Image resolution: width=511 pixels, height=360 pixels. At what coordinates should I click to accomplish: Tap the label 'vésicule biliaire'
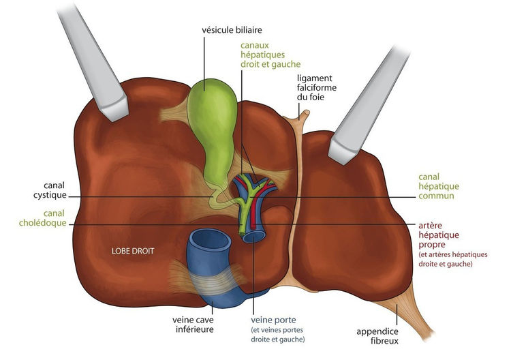232,30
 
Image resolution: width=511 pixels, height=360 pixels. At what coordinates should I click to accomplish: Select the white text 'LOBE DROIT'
133,251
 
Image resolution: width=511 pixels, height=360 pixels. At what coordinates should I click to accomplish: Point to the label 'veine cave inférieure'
193,325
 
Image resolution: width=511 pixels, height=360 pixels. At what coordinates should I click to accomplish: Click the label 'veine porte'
273,320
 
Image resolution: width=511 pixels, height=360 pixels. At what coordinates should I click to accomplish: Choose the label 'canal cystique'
50,190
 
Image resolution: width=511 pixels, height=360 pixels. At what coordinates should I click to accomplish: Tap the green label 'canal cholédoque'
43,218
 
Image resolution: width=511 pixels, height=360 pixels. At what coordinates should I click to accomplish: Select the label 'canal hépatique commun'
439,186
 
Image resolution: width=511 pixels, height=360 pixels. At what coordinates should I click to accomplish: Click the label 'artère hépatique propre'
439,235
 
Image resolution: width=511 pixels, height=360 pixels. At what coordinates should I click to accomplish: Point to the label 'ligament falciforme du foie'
316,87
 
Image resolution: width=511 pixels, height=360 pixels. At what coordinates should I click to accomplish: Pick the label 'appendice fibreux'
377,336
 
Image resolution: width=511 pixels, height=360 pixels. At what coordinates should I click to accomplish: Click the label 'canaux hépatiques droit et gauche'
270,55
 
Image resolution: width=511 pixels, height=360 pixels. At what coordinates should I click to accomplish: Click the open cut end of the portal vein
253,237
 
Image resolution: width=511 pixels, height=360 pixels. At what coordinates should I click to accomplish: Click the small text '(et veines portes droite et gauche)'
278,335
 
